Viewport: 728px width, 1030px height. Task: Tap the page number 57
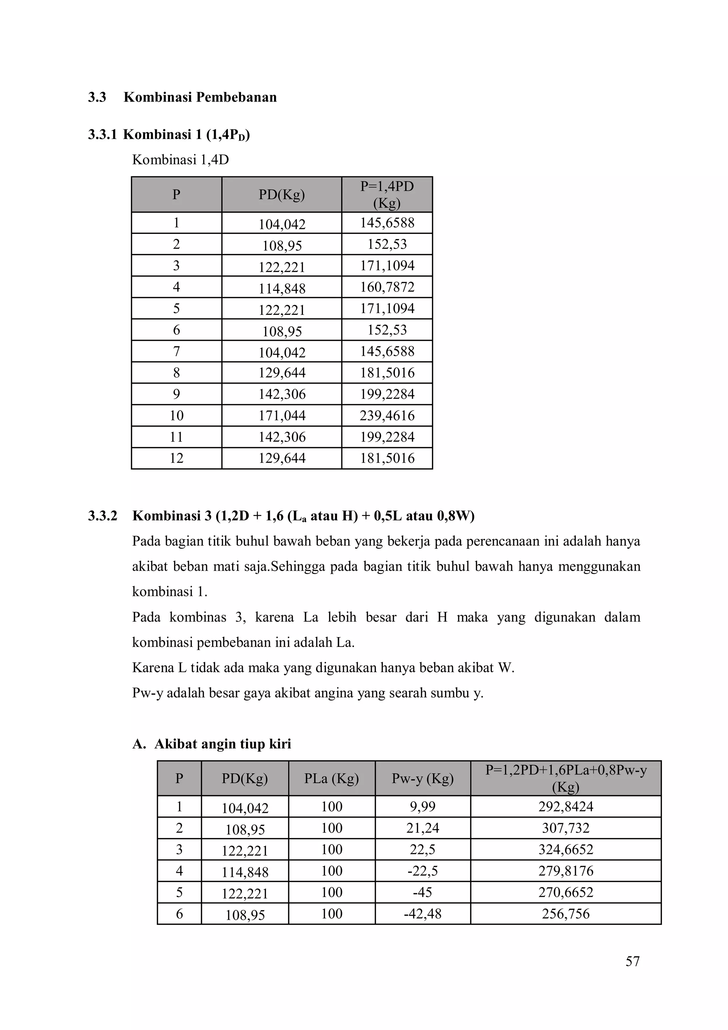[632, 961]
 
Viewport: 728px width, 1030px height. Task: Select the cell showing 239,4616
[387, 415]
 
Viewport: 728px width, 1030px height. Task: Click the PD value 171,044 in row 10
[282, 416]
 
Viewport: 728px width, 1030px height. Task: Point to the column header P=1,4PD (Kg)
[387, 194]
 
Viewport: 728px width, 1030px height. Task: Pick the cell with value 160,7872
[387, 287]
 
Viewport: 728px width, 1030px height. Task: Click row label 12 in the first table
[176, 458]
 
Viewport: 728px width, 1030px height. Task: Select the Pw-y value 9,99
[423, 806]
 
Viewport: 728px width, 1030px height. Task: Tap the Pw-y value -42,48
[423, 914]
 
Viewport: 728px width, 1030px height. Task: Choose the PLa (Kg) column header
[332, 778]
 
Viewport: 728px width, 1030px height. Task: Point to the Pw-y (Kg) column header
[423, 778]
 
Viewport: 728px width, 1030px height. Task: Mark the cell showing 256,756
[566, 914]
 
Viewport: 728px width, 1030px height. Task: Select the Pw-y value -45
[423, 892]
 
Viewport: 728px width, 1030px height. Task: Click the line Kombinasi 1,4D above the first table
[180, 160]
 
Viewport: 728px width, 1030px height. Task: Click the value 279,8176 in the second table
[566, 871]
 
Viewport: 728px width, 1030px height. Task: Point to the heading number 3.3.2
[102, 516]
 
